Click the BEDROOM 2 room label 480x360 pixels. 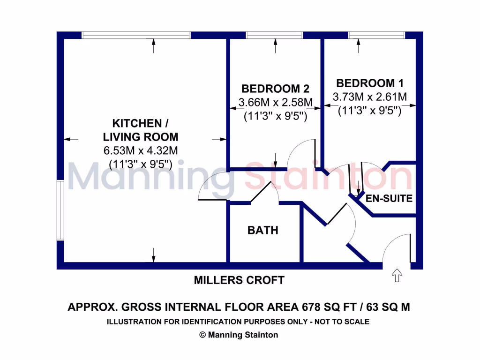275,89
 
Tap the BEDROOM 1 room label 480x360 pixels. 370,83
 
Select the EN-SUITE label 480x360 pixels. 389,198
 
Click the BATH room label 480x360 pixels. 263,230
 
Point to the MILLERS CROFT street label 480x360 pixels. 239,280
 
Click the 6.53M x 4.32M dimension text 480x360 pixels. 140,150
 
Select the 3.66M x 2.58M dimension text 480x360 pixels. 275,102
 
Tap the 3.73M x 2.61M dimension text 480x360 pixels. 370,97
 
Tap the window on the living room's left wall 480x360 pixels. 60,210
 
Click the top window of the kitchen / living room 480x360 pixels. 136,35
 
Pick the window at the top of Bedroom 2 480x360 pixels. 274,35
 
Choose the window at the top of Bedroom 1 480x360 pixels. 376,35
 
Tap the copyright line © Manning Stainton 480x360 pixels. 239,335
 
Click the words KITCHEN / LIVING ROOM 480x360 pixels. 140,130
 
